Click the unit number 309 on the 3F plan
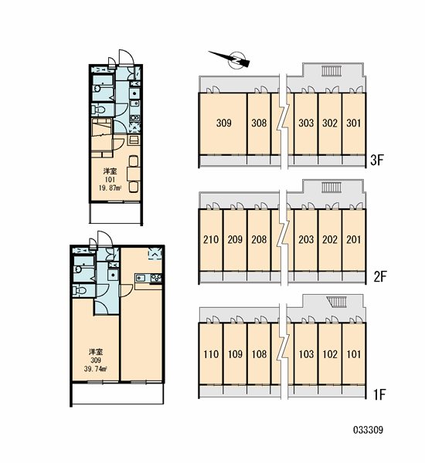[x=223, y=123]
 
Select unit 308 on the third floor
[x=259, y=123]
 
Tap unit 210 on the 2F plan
[x=211, y=239]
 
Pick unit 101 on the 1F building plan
[x=353, y=353]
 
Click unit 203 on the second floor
[x=306, y=239]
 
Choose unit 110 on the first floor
[x=211, y=353]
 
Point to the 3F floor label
[x=377, y=161]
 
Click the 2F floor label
[x=380, y=277]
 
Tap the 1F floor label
[x=379, y=394]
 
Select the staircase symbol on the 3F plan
[x=331, y=71]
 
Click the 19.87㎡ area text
[x=110, y=188]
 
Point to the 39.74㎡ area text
[x=95, y=369]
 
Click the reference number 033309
[x=368, y=430]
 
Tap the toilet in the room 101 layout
[x=99, y=110]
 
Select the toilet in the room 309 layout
[x=79, y=290]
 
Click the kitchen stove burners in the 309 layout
[x=156, y=278]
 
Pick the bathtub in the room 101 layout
[x=103, y=88]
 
